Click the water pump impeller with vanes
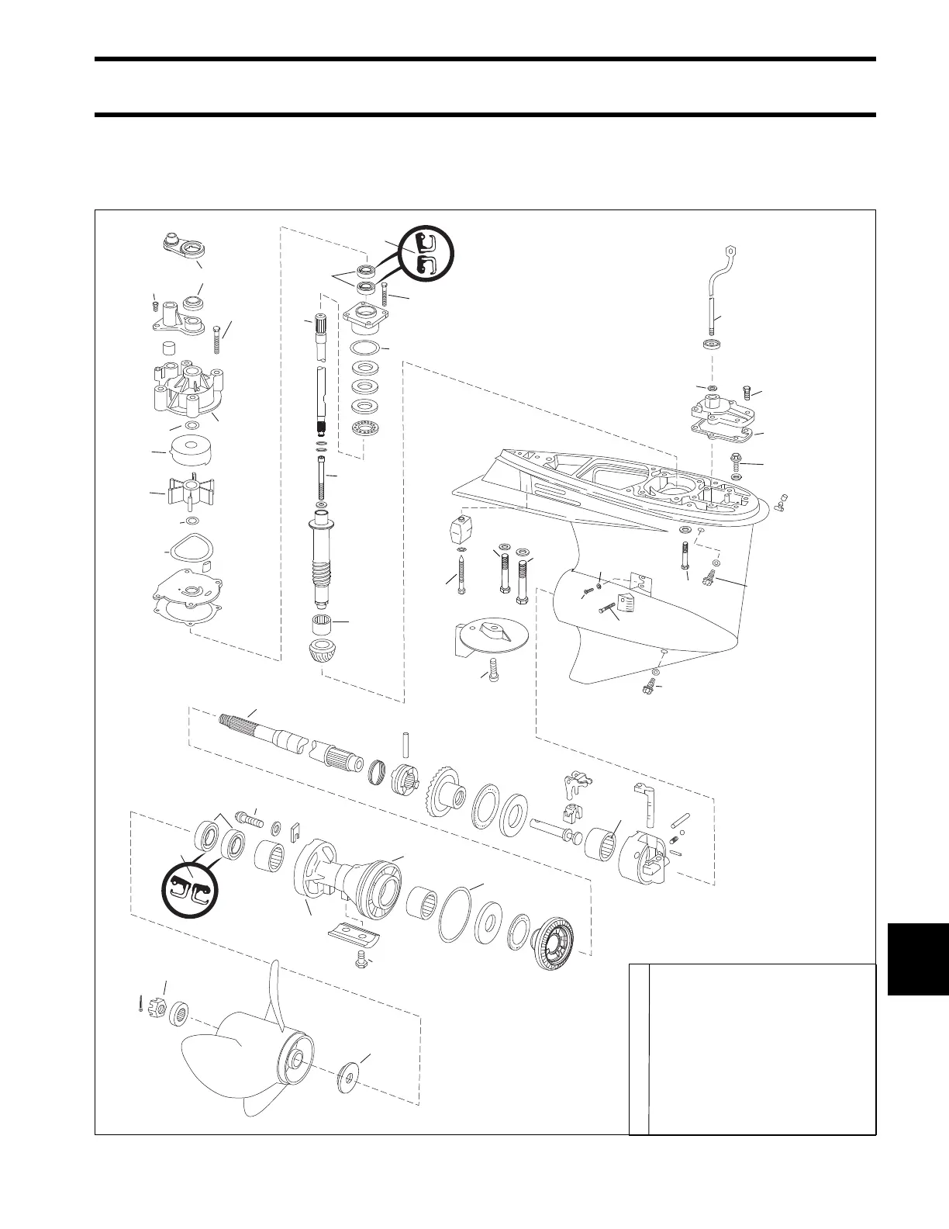(181, 494)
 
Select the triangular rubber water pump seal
(190, 550)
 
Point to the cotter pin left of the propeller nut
(139, 1004)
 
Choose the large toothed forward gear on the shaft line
(444, 789)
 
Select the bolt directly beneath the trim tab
(491, 672)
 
